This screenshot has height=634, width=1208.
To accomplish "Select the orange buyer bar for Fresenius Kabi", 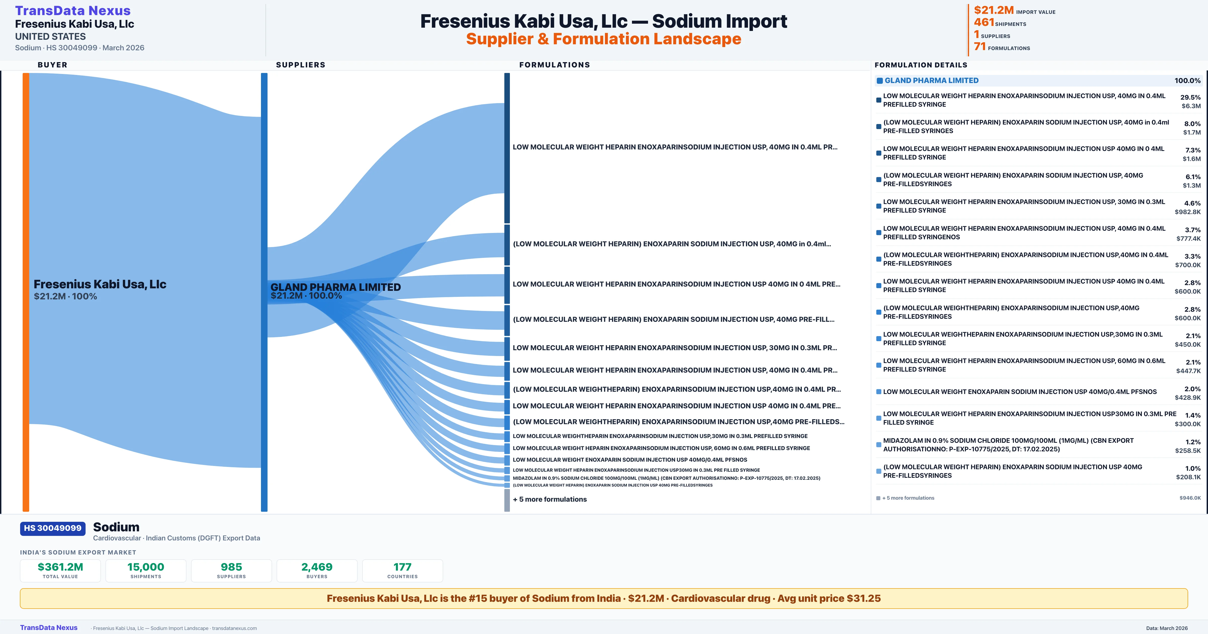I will pyautogui.click(x=26, y=291).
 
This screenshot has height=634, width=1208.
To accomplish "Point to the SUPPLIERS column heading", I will pyautogui.click(x=300, y=65).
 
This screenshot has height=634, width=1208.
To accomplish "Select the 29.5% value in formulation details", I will pyautogui.click(x=1190, y=97).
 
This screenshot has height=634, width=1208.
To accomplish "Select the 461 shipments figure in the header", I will pyautogui.click(x=984, y=22).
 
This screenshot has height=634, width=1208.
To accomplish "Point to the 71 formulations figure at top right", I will pyautogui.click(x=980, y=47).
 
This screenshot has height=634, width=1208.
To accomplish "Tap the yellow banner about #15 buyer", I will pyautogui.click(x=603, y=598).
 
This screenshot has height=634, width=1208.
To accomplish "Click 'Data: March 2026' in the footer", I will pyautogui.click(x=1167, y=628).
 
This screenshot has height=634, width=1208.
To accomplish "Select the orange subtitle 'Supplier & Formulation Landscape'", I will pyautogui.click(x=603, y=39).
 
